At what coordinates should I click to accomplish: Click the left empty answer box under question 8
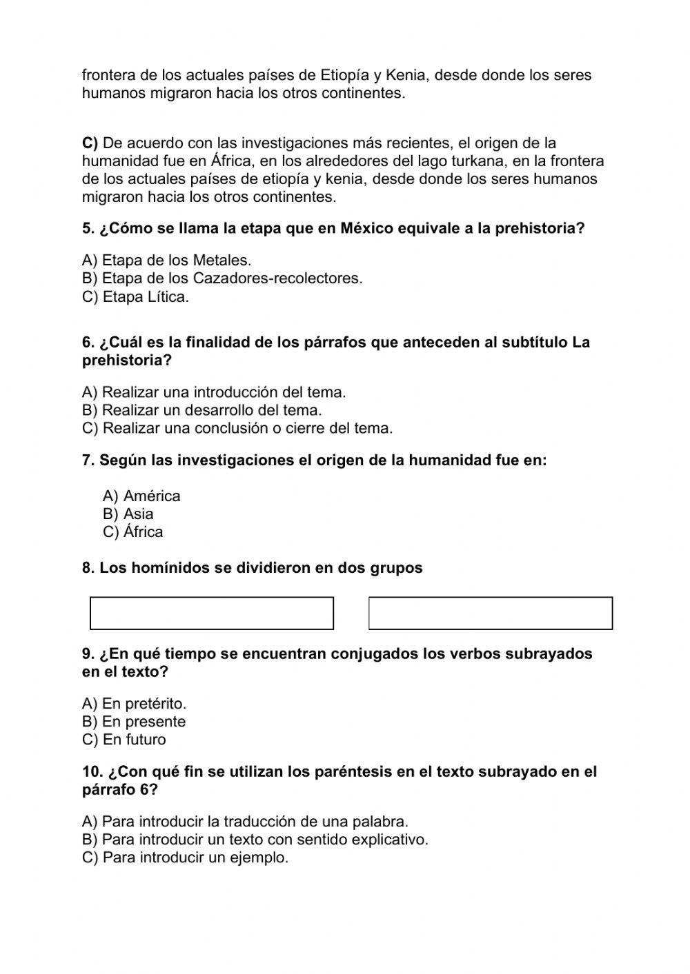tap(211, 613)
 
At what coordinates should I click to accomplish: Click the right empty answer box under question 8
tap(490, 613)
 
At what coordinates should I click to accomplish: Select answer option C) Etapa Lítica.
tap(135, 296)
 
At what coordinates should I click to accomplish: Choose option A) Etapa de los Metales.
tap(166, 261)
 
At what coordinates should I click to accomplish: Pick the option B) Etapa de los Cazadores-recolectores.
tap(222, 278)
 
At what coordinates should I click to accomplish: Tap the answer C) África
tap(133, 531)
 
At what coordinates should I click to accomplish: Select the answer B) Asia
tap(128, 514)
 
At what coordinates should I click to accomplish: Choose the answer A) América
tap(141, 496)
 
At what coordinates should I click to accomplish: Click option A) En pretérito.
tap(134, 704)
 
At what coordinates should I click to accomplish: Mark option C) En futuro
tap(124, 740)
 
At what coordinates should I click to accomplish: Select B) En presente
tap(134, 722)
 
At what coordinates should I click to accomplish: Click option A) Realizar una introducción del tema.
tap(214, 392)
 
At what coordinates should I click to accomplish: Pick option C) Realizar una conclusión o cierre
tap(237, 428)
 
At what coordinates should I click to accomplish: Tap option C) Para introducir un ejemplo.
tap(185, 858)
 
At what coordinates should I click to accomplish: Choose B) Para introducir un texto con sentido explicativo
tap(255, 840)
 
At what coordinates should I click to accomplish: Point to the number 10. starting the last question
tap(92, 771)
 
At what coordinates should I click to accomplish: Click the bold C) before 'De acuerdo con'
tap(90, 143)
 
